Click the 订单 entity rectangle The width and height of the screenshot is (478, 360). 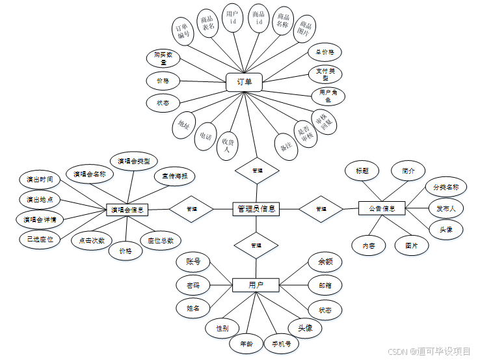(244, 82)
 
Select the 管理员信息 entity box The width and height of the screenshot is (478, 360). (256, 209)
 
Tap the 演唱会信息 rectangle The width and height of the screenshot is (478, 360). (128, 210)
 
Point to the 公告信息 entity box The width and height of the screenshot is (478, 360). (382, 208)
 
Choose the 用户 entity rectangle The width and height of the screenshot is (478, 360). (256, 285)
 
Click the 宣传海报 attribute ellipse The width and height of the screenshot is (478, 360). (174, 176)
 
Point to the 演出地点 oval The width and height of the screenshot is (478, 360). (40, 199)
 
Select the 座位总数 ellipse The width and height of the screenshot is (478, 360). (161, 240)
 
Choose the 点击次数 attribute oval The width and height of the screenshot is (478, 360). (92, 240)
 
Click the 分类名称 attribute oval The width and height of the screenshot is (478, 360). (446, 187)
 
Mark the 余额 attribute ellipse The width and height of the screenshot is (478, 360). (325, 262)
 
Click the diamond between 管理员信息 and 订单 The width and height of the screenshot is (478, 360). (257, 170)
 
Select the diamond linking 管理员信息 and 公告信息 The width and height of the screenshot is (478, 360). (321, 209)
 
